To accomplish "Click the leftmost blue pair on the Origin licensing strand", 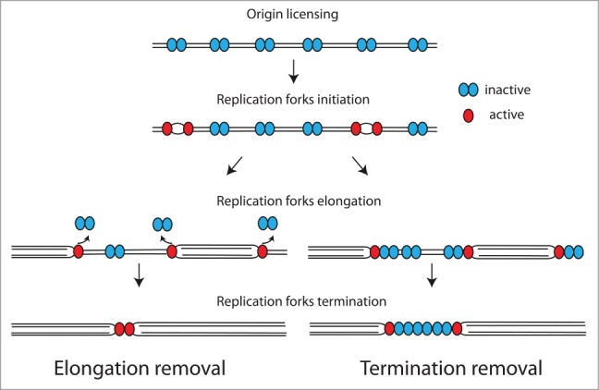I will point(176,43).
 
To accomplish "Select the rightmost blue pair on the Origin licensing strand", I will point(418,43).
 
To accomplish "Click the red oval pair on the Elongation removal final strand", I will point(124,327).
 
